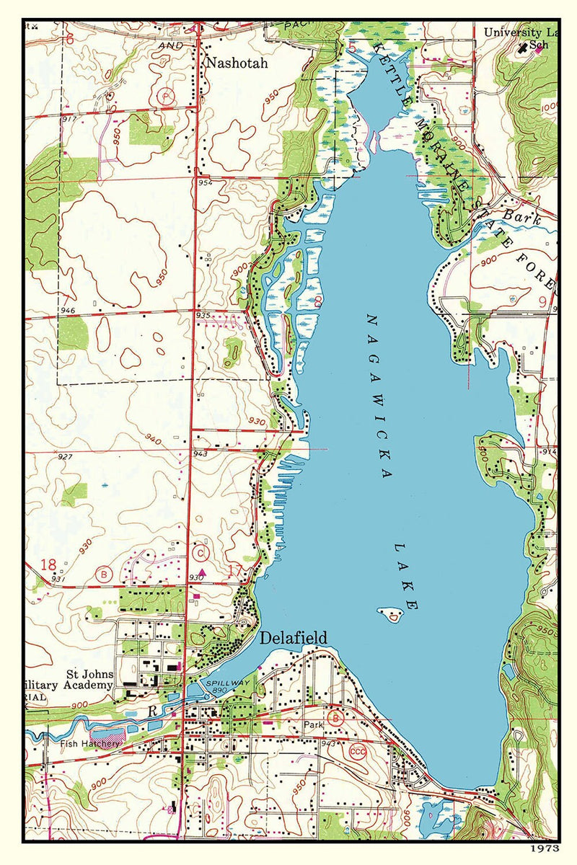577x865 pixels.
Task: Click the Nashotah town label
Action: [x=237, y=63]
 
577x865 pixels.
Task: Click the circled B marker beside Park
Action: [x=335, y=718]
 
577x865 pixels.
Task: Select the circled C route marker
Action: [x=201, y=553]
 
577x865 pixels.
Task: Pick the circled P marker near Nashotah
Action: [x=167, y=96]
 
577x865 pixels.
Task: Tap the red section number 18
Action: [x=49, y=564]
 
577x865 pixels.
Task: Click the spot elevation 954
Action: [x=206, y=185]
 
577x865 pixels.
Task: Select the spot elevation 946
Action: [x=69, y=310]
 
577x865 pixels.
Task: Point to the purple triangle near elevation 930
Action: [x=203, y=571]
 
